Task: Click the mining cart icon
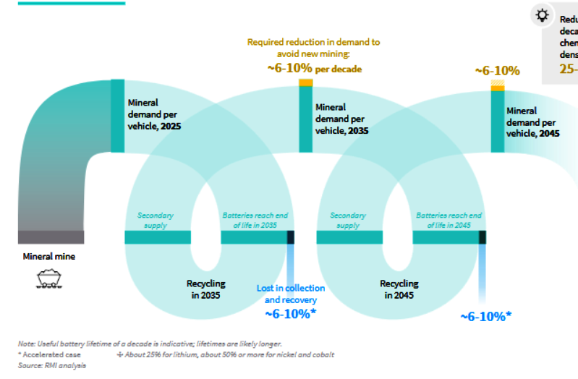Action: [48, 278]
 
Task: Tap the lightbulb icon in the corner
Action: [541, 15]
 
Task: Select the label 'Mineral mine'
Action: [48, 256]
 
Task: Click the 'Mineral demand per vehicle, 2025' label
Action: [154, 114]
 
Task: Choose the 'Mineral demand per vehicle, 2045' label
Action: [532, 122]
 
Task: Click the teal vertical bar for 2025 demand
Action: [117, 115]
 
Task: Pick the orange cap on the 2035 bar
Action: [306, 82]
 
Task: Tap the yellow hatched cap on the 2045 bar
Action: [498, 85]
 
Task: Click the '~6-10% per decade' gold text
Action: [315, 69]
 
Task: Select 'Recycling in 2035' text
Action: [206, 289]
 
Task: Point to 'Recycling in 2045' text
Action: [399, 289]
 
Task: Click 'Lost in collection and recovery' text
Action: [291, 294]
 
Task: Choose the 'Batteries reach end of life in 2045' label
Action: [449, 221]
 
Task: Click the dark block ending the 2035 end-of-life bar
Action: [291, 237]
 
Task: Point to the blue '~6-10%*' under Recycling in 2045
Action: [486, 316]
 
